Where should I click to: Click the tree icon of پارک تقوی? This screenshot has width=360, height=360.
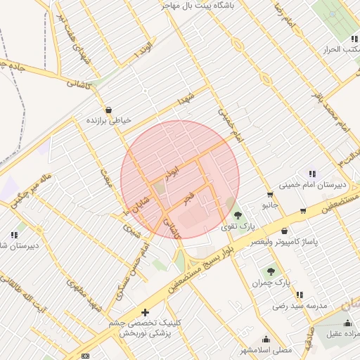237,214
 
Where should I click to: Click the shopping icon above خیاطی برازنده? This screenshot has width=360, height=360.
108,109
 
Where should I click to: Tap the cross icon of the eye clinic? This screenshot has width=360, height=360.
145,311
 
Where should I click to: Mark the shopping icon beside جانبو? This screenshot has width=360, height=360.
269,195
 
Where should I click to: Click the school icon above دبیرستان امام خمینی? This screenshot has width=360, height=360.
311,174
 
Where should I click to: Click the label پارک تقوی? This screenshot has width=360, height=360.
235,226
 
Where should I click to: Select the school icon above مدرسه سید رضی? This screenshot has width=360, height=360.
300,295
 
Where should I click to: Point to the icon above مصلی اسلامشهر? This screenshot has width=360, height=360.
266,338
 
